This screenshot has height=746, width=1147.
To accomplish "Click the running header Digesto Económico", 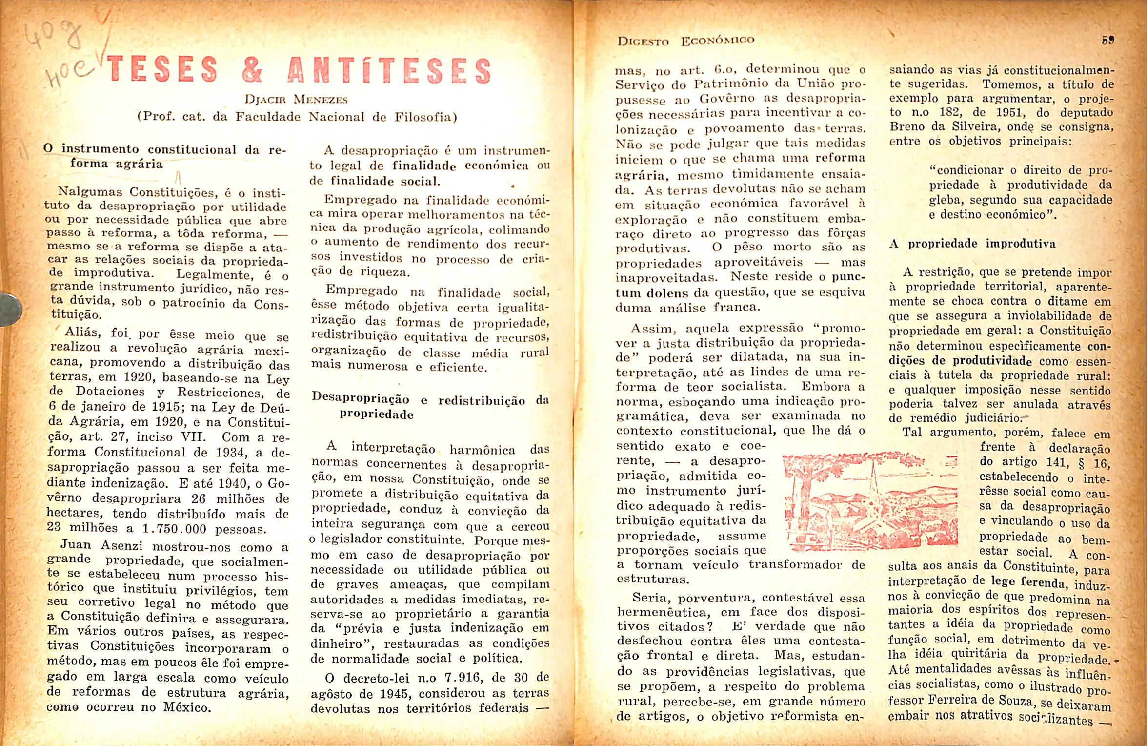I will tap(685, 41).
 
